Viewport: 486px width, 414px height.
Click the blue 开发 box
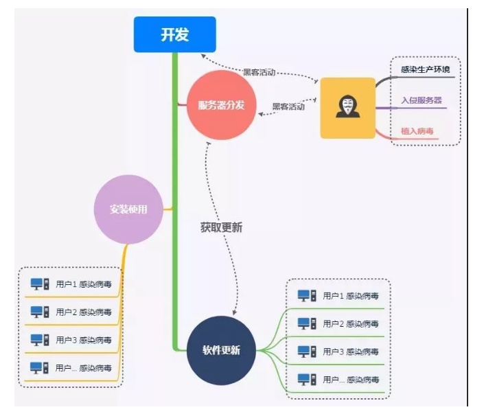click(x=175, y=34)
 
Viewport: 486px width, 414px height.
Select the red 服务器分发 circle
click(x=222, y=105)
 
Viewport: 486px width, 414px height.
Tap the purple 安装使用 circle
click(x=128, y=209)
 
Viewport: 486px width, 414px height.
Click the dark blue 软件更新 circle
click(x=221, y=350)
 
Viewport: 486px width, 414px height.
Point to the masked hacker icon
click(x=348, y=106)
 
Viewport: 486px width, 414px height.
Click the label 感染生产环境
click(x=426, y=69)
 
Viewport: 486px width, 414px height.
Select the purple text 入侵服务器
click(x=421, y=100)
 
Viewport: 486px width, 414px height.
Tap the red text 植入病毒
click(x=417, y=131)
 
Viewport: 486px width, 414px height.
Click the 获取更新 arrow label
click(x=221, y=227)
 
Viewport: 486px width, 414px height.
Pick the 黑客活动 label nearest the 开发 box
click(x=259, y=72)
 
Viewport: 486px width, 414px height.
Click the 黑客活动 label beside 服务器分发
click(x=288, y=106)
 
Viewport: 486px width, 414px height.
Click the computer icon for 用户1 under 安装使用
click(x=40, y=284)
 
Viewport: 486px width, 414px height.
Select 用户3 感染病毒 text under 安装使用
click(x=84, y=340)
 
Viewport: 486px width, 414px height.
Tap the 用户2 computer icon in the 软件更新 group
click(x=307, y=323)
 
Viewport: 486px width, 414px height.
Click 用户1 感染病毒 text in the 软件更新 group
click(x=351, y=296)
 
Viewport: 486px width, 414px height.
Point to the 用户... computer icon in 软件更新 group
click(x=307, y=379)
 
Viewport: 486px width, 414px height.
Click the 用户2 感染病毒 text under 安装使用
click(x=84, y=312)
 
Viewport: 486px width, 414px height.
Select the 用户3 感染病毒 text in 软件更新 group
click(x=351, y=352)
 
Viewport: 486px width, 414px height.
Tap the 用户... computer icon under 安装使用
click(x=39, y=368)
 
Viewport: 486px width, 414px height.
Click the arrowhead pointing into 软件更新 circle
click(x=235, y=312)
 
